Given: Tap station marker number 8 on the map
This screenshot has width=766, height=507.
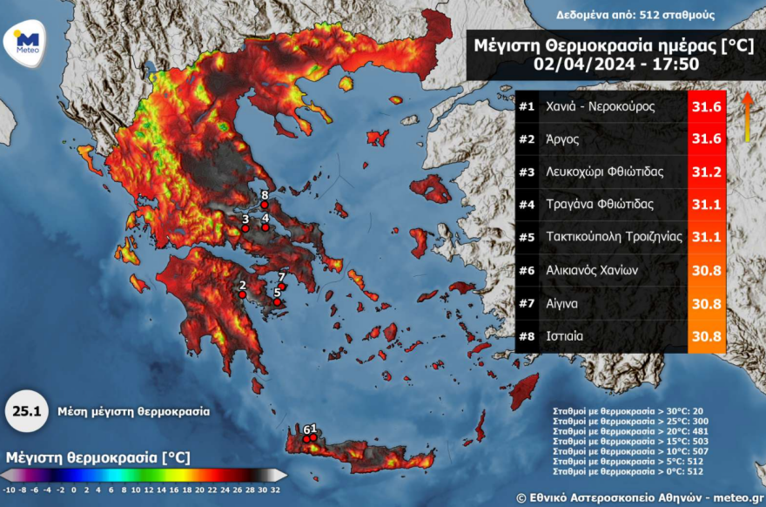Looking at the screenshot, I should pos(265,205).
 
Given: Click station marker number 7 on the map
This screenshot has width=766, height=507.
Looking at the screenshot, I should pos(282,286).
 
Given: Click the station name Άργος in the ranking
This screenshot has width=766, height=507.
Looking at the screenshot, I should pos(561,139).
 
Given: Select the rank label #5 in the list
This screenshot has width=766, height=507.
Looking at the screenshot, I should pos(526,237).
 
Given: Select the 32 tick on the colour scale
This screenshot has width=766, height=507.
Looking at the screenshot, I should pos(276,490).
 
